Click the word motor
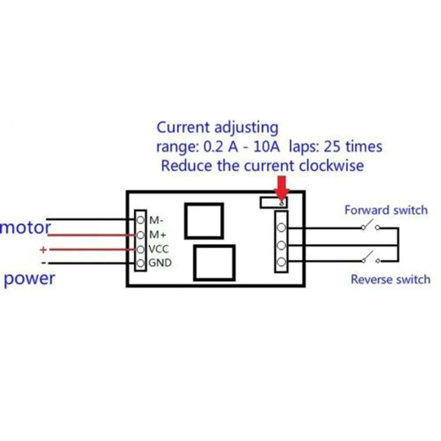[x=26, y=228]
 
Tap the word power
[x=30, y=279]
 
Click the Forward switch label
[x=386, y=210]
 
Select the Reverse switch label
[x=390, y=279]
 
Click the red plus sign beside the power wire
[x=43, y=250]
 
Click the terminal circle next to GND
[x=141, y=264]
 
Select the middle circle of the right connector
[x=281, y=245]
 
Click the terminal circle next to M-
[x=141, y=220]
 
